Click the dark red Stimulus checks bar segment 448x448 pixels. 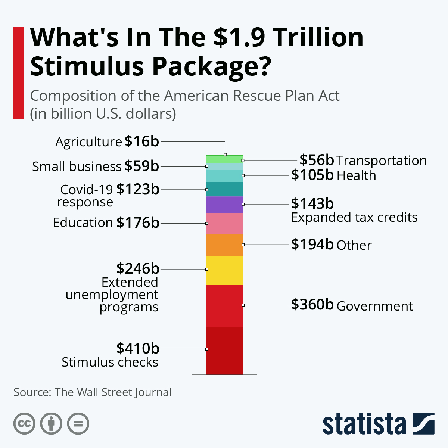[x=224, y=351]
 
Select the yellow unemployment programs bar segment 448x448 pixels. [x=224, y=270]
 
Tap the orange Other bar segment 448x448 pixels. [x=224, y=245]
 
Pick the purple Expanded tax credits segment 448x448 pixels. [x=224, y=205]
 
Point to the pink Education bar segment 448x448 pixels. [x=224, y=223]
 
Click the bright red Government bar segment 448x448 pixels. [x=224, y=306]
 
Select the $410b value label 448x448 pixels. [x=138, y=348]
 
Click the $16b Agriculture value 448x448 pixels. [x=142, y=141]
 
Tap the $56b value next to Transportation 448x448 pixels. [x=317, y=160]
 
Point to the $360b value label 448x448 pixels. [x=312, y=305]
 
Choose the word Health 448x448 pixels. [x=356, y=175]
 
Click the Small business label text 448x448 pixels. [x=77, y=167]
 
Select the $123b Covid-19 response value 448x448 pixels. [x=138, y=189]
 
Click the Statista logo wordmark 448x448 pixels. [x=364, y=424]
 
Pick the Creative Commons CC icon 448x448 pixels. [x=24, y=424]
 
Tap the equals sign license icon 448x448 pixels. [x=78, y=424]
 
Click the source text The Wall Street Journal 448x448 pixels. [x=113, y=392]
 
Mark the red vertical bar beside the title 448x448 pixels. [x=18, y=73]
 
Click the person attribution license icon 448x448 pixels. [x=51, y=424]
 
